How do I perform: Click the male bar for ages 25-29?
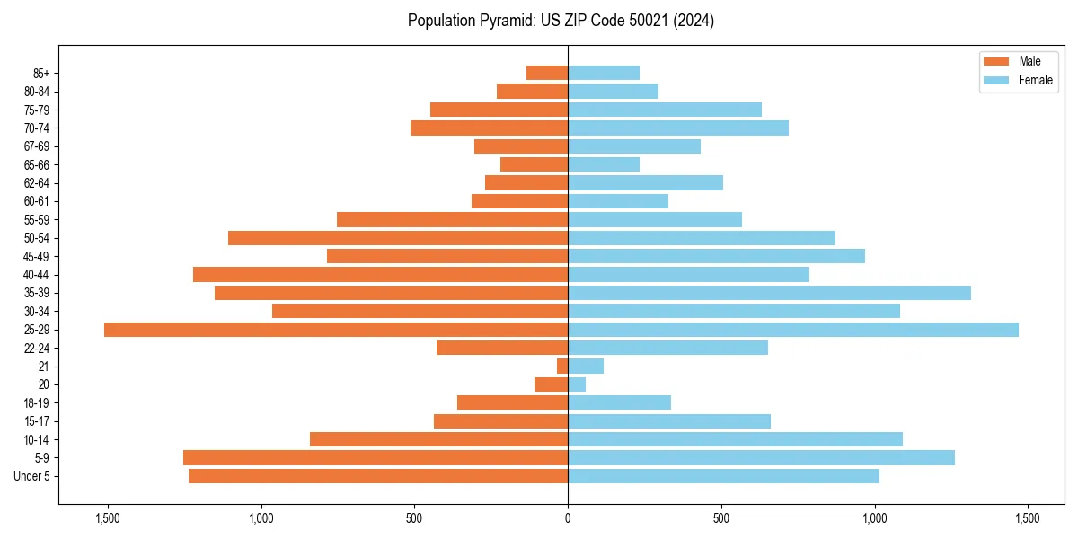click(x=336, y=330)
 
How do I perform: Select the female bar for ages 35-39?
click(x=769, y=293)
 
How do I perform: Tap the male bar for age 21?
click(x=562, y=367)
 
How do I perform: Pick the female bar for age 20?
click(x=577, y=384)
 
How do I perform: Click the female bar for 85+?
click(x=604, y=73)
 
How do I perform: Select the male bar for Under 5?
click(x=378, y=476)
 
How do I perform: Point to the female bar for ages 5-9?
click(x=761, y=458)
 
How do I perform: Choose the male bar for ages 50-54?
click(x=398, y=238)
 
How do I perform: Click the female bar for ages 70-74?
click(x=678, y=128)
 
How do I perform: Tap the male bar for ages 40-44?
click(x=380, y=275)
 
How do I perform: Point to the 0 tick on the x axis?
click(x=568, y=518)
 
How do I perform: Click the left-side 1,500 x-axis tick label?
click(x=108, y=518)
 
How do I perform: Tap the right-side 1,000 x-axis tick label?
click(x=874, y=518)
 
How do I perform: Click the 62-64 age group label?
click(x=36, y=183)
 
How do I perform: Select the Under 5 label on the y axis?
click(x=32, y=476)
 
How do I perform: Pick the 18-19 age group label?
click(x=36, y=403)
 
